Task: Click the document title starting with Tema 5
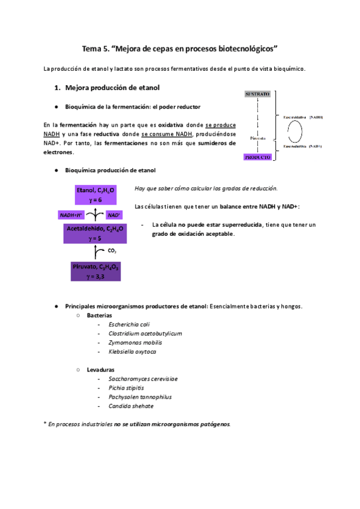(179, 47)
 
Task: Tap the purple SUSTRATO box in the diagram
(257, 94)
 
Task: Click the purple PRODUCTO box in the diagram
(257, 157)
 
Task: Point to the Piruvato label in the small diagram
(257, 137)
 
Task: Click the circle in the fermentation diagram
(296, 131)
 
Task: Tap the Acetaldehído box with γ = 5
(95, 233)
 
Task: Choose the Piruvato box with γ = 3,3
(95, 270)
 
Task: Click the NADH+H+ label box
(71, 214)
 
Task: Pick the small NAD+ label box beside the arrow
(114, 214)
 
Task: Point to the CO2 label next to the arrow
(112, 250)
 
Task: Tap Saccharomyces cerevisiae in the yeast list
(143, 379)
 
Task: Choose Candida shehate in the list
(131, 406)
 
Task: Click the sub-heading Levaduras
(101, 370)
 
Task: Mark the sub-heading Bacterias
(100, 315)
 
